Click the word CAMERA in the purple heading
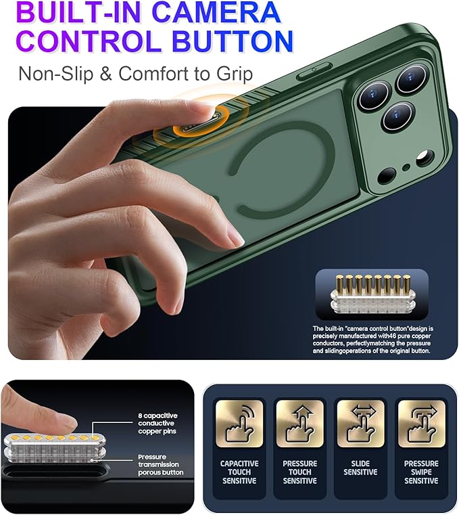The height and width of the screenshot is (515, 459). [216, 12]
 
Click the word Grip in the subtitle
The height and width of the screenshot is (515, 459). [235, 74]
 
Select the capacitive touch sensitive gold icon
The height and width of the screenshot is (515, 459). [239, 423]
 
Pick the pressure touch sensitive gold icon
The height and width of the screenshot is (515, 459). [300, 423]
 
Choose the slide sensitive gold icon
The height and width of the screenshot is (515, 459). [360, 423]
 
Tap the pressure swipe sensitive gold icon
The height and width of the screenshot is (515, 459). [422, 423]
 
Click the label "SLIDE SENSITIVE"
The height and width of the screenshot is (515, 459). [360, 468]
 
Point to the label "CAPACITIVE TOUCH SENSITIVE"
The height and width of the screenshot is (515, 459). [239, 472]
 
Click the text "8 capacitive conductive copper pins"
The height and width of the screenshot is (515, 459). [158, 424]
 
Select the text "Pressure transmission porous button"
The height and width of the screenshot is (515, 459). [160, 464]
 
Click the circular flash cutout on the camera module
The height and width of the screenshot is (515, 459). [425, 158]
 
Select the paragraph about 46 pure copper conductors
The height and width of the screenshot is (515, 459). [372, 340]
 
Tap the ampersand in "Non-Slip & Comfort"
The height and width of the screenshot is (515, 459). [105, 74]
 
